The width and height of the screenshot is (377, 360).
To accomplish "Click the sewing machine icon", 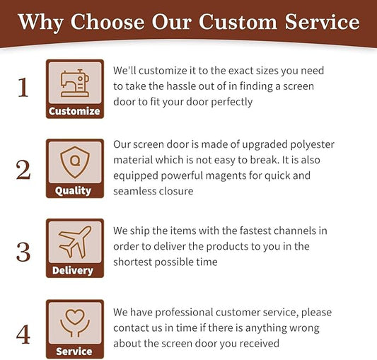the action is point(75,83).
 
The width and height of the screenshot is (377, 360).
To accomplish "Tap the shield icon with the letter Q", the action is point(75,162).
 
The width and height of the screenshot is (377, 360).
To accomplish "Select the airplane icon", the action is point(75,242).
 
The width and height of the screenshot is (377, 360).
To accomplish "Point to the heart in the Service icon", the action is point(75,316).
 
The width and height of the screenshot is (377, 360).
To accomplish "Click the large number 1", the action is point(23,87).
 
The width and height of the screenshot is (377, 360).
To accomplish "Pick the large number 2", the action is point(23,170).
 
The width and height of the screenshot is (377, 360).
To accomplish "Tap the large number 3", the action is point(23,252).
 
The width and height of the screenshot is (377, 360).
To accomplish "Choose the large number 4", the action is point(23,334).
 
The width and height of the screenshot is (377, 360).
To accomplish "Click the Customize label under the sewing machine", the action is point(74,111).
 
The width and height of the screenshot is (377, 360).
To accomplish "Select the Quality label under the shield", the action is point(73,191).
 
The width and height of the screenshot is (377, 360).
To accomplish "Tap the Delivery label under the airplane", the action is point(73,271).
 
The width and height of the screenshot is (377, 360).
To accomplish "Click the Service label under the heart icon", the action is point(74,352).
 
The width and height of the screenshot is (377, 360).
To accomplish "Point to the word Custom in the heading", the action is point(238,22).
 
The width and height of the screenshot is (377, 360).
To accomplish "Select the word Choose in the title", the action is point(108,22).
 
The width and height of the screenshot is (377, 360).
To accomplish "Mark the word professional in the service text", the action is point(184,313).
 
